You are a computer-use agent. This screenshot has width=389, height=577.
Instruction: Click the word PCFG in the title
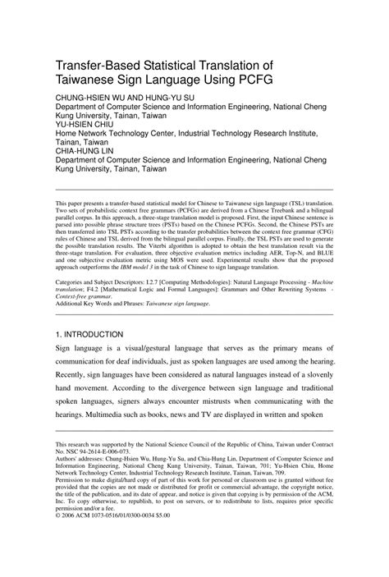coord(252,80)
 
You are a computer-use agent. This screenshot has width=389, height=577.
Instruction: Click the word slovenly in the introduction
coord(315,381)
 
